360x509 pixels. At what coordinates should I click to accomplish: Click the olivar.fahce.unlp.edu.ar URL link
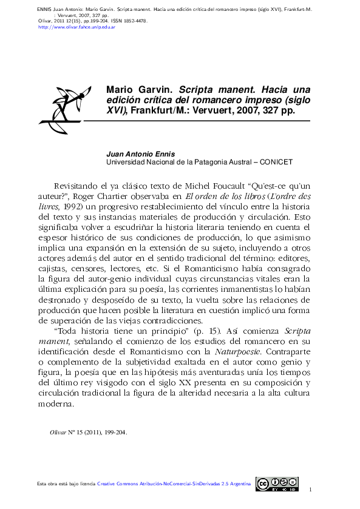76,27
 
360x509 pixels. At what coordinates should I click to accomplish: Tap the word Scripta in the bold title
201,90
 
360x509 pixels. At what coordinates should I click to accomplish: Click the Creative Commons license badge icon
276,484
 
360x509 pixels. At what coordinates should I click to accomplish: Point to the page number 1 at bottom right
310,490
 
